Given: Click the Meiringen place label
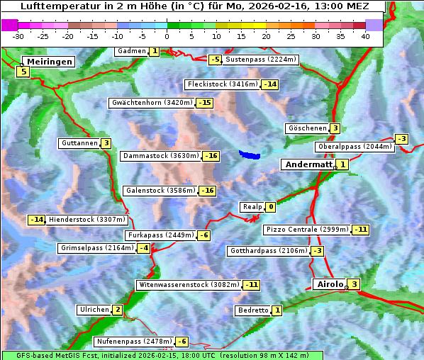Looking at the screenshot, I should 48,62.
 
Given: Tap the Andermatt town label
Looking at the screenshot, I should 308,164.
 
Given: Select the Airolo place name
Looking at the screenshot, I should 330,284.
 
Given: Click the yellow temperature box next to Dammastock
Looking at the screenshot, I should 211,156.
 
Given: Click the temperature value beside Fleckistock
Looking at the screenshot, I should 269,84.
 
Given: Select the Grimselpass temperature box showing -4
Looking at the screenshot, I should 143,248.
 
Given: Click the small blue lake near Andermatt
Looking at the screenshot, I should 250,154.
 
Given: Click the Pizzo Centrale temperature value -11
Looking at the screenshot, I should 361,230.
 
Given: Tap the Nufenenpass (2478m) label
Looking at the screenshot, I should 134,342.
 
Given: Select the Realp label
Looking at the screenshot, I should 252,207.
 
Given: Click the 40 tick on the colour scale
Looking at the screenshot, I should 365,36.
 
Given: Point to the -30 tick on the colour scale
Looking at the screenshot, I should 18,36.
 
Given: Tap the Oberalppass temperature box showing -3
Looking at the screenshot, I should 401,139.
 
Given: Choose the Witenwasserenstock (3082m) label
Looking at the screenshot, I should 189,285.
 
